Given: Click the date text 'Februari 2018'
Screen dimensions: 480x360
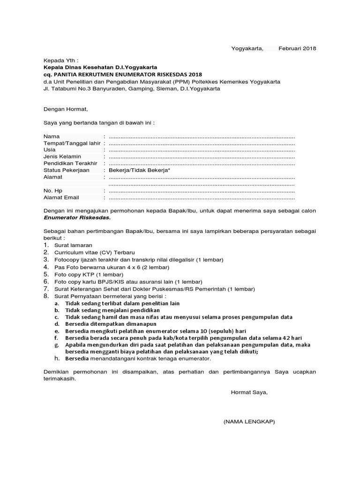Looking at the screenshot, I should [297, 48].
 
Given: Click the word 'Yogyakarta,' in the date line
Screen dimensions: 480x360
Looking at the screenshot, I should [247, 48].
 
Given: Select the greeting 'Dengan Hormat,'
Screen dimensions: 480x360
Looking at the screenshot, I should [66, 109].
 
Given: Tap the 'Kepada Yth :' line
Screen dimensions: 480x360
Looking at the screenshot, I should [61, 61].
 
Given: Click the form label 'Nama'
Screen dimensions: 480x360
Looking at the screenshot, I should [52, 136].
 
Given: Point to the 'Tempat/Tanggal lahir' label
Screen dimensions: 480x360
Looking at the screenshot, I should [72, 143].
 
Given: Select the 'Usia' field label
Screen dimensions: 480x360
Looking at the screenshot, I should [50, 150].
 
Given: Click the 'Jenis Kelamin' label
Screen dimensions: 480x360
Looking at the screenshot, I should [62, 156].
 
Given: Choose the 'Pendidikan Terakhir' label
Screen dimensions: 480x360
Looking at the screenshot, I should [70, 163].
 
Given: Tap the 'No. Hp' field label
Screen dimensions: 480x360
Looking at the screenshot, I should [53, 191].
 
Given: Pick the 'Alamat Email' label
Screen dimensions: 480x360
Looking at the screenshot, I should [61, 198].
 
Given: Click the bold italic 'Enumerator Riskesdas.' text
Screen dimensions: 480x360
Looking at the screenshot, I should [77, 218].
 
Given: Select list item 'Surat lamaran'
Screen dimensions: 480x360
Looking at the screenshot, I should [73, 245].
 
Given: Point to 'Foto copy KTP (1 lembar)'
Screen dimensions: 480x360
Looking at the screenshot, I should [89, 274].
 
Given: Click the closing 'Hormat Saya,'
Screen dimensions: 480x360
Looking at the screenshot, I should [249, 392].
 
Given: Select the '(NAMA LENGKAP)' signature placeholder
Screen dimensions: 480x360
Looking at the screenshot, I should [249, 421].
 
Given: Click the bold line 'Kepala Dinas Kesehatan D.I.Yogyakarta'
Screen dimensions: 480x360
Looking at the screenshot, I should [100, 67].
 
